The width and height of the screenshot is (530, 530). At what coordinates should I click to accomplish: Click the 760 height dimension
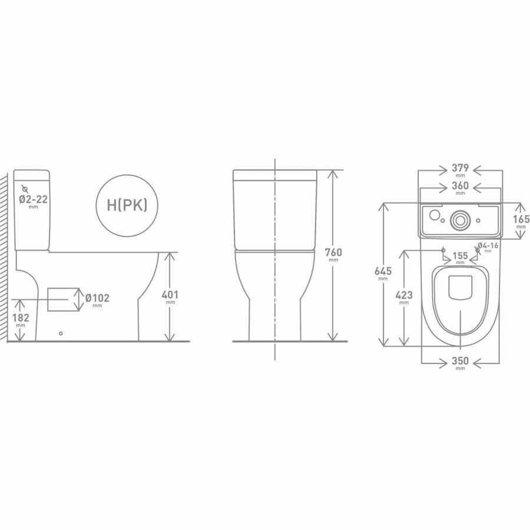point(333,253)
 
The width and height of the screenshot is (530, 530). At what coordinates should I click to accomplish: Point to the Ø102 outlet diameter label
point(98,299)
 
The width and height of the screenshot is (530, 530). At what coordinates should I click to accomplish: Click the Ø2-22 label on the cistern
point(33,200)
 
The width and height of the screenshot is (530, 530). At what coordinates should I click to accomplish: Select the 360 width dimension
point(459,187)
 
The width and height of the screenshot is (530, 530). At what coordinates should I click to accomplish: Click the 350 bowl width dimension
point(459,362)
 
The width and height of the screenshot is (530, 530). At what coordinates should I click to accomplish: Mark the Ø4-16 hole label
point(488,246)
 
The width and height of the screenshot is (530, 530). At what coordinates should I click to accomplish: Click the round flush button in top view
point(459,220)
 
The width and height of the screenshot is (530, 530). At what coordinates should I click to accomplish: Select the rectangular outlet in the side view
point(62,299)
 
